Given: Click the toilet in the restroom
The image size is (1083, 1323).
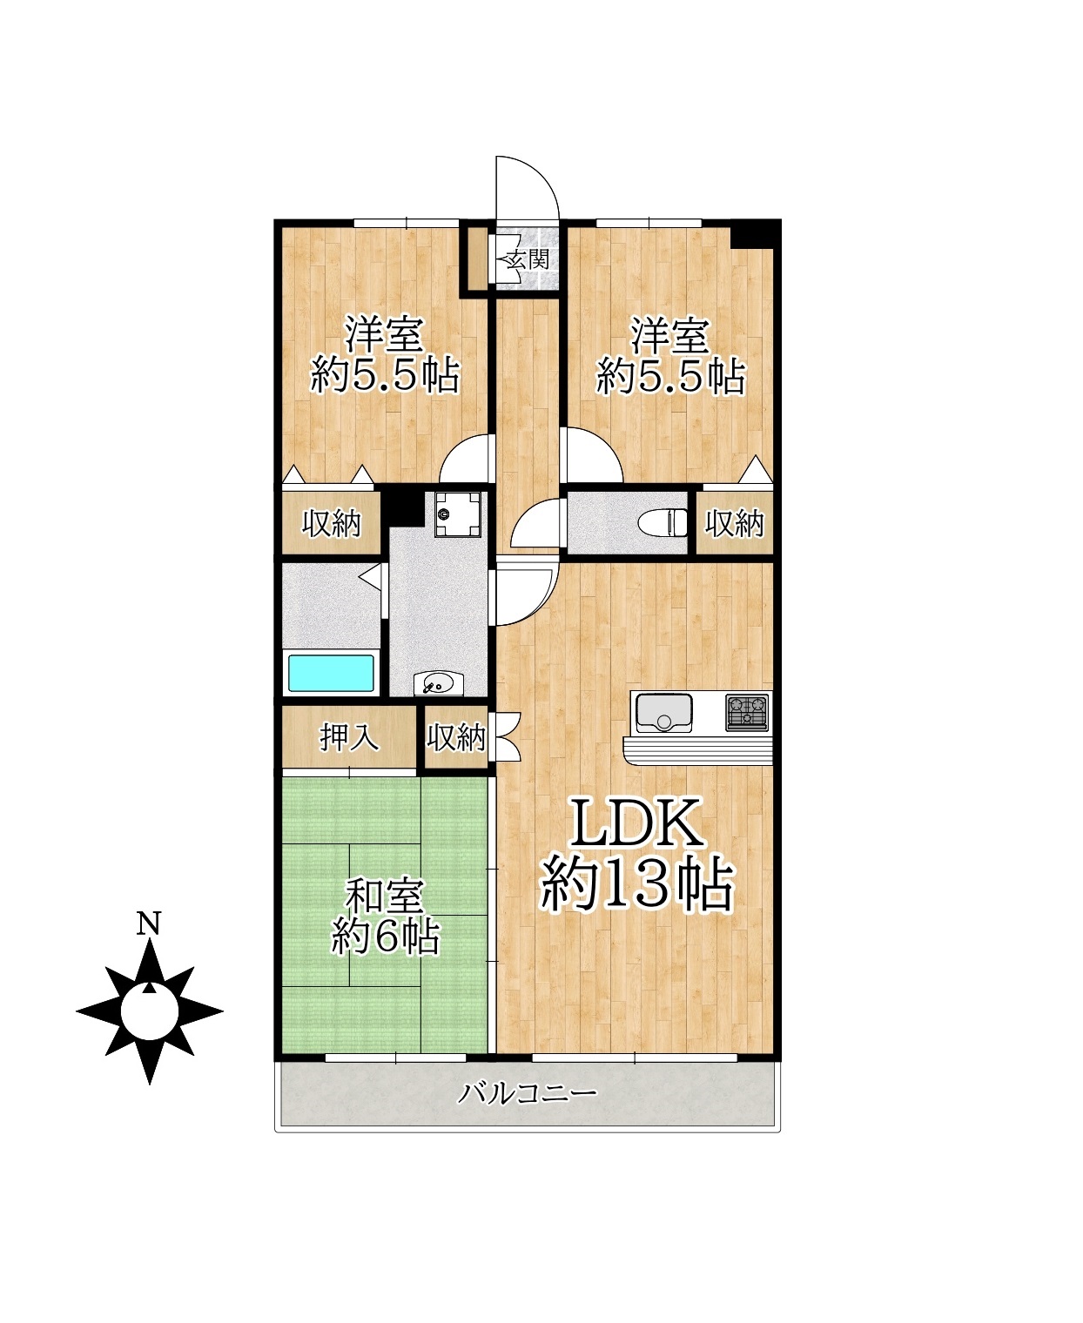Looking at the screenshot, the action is coord(663,522).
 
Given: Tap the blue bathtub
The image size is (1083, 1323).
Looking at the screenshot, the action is coord(332,673).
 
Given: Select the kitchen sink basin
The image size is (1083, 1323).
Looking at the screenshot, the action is coord(663,713).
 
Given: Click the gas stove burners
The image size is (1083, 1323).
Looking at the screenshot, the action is coord(747,712).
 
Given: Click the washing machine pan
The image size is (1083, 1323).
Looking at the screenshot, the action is coord(458,515).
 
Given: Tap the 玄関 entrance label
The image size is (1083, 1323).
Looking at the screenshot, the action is coord(528,259).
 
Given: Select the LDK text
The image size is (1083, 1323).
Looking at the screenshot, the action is coord(636,823).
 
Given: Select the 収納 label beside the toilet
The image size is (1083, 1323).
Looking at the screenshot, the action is coord(734,523).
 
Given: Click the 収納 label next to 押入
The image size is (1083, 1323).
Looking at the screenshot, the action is coord(456,737).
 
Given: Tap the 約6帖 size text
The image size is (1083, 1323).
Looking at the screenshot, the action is coord(386,936).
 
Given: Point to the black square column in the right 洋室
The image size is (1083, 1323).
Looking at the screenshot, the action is coord(756,233).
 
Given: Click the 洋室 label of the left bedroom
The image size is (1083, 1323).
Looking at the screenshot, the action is coord(384,335).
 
